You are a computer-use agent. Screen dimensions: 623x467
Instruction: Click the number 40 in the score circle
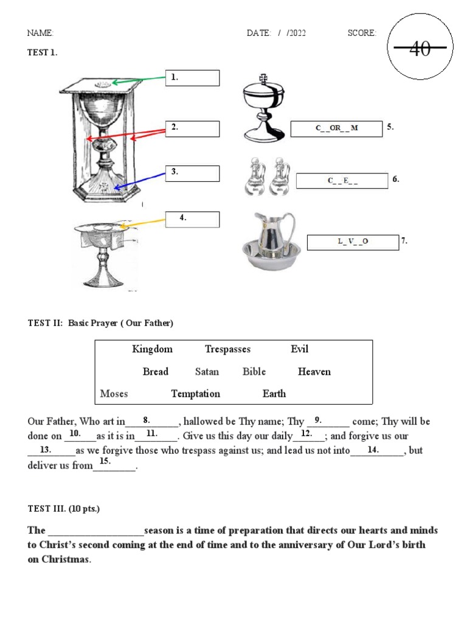click(420, 49)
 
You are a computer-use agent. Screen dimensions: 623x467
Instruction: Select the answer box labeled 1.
click(193, 78)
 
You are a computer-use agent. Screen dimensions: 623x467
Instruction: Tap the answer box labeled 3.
click(193, 173)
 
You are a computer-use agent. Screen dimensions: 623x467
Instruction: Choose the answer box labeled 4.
click(193, 219)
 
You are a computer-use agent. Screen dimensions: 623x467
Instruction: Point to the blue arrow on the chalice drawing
click(140, 181)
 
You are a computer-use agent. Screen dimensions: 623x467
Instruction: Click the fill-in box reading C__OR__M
click(336, 128)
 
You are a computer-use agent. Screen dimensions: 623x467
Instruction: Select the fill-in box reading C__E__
click(342, 181)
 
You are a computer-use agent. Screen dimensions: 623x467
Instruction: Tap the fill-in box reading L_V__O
click(353, 242)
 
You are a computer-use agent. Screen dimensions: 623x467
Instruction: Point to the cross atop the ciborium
click(263, 79)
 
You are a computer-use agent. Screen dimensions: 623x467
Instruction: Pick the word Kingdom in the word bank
click(152, 349)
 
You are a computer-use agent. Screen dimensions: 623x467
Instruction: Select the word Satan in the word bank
click(207, 372)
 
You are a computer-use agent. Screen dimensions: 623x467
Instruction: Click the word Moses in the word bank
click(114, 394)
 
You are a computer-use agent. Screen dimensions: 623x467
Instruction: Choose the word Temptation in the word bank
click(195, 394)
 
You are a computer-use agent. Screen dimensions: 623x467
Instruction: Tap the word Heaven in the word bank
click(314, 372)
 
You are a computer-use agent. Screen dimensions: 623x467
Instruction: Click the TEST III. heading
click(58, 508)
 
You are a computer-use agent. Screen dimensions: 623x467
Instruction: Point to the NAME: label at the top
click(41, 33)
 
